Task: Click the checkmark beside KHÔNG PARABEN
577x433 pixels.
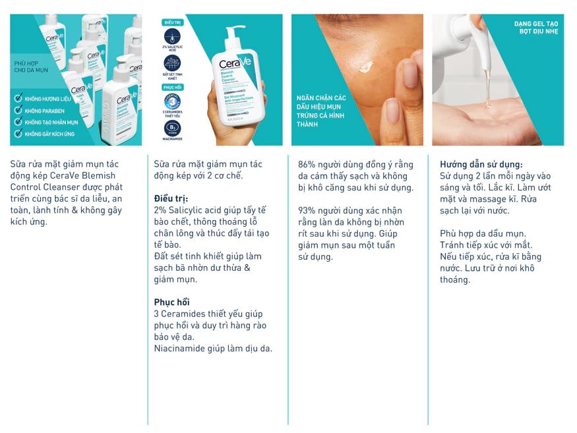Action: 18,111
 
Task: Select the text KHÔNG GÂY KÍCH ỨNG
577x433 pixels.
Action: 50,134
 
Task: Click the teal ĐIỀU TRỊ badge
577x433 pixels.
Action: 171,22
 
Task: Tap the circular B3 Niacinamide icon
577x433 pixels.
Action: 171,127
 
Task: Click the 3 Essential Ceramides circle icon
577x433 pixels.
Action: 171,101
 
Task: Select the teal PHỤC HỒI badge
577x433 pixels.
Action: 171,86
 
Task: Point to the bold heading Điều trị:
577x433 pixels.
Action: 171,198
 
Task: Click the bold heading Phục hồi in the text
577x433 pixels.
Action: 172,302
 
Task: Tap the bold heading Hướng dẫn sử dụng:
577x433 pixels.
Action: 481,164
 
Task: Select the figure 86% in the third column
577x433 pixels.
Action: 307,164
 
